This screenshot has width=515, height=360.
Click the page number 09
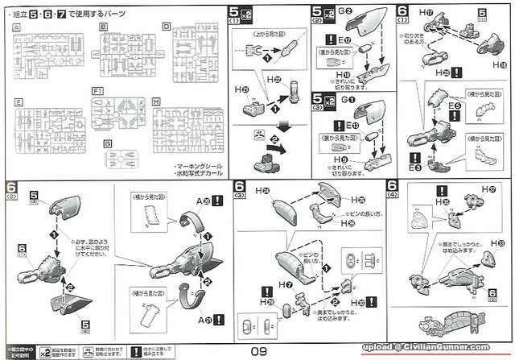[x=257, y=350]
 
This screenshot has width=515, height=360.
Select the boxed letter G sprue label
[x=108, y=143]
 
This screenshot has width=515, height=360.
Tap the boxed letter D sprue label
[x=166, y=27]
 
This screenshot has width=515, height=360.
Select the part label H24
[x=264, y=191]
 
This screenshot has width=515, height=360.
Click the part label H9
[x=341, y=160]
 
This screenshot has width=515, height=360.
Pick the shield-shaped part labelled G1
[x=372, y=114]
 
